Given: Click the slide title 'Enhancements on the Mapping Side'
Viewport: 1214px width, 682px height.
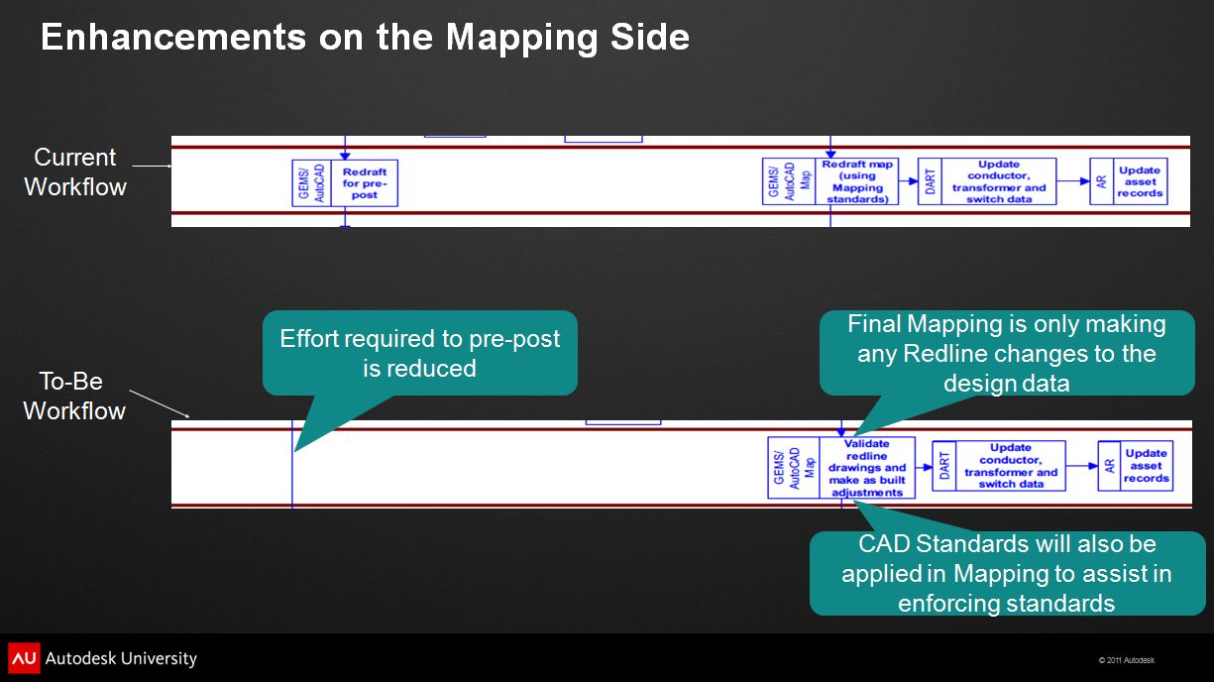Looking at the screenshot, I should [x=365, y=38].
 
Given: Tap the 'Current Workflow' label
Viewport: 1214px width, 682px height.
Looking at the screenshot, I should [x=75, y=171].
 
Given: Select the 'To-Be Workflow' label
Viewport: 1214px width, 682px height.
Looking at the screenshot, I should [x=74, y=396].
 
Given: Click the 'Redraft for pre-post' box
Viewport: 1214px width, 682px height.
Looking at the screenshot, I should [x=365, y=183].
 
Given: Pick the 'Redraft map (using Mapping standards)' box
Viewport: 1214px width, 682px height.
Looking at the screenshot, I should [x=857, y=182].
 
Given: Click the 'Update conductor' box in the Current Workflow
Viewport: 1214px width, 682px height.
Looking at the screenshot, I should [x=998, y=181].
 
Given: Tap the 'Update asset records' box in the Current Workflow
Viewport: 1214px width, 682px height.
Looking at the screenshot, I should [x=1140, y=181].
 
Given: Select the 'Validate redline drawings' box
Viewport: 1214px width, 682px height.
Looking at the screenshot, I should [x=867, y=468].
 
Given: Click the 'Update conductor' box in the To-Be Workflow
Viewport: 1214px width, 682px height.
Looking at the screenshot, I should [x=1011, y=466].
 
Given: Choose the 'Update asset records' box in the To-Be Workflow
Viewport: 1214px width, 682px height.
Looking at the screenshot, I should [x=1147, y=466].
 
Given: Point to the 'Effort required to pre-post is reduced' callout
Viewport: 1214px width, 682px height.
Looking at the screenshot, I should [x=420, y=353].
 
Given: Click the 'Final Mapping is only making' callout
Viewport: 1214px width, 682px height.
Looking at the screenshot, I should [x=1007, y=353].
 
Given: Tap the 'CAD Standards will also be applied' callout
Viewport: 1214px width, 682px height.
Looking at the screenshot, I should [x=1007, y=573].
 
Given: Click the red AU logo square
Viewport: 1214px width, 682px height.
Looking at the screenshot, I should [x=24, y=658].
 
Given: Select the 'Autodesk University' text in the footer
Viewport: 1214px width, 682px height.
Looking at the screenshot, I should [x=122, y=658].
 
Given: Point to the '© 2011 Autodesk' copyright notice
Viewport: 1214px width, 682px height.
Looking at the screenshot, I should [x=1126, y=660].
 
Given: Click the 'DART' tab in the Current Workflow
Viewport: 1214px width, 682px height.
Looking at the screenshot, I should [x=930, y=181].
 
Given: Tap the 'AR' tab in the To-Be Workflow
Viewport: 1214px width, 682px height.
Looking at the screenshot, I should [x=1109, y=466].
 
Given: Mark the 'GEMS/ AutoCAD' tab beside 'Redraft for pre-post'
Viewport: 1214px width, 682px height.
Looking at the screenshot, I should [x=311, y=183].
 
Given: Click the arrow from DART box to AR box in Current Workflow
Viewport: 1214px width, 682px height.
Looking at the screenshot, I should [x=1073, y=181].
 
